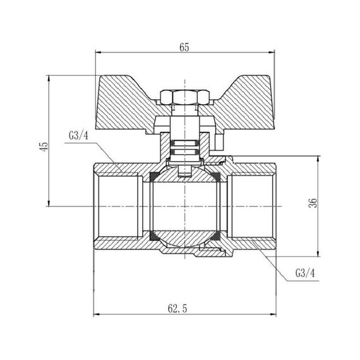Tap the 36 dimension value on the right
[314, 203]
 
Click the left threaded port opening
[117, 205]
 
